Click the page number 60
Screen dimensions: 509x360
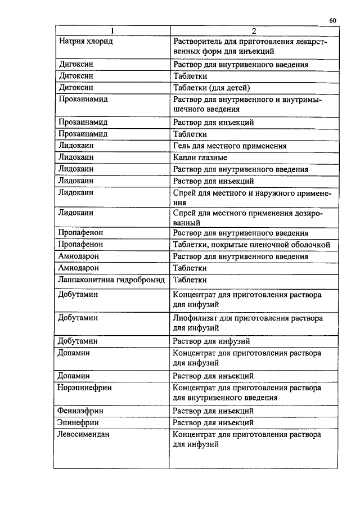(332, 21)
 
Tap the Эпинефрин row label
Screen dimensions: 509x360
(79, 422)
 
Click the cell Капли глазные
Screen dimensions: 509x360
(200, 157)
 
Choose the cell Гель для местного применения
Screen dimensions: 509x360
(230, 146)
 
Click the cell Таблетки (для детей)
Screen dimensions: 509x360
(211, 87)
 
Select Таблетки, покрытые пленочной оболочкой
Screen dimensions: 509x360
(251, 245)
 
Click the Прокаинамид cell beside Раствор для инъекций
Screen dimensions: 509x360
(83, 122)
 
